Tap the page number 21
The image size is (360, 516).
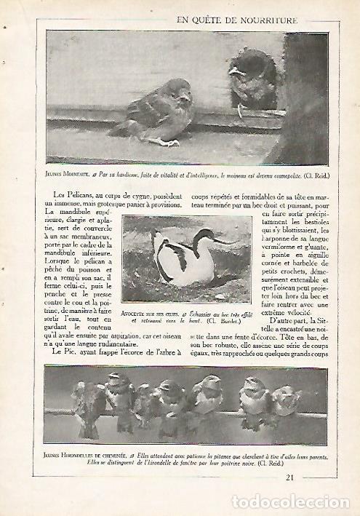tap(289, 477)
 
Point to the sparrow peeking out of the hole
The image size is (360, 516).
tap(251, 80)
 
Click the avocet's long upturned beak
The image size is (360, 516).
tap(223, 239)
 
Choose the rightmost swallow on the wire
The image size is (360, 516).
tap(286, 402)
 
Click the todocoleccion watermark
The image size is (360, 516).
tap(290, 502)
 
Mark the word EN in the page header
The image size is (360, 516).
tap(183, 20)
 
